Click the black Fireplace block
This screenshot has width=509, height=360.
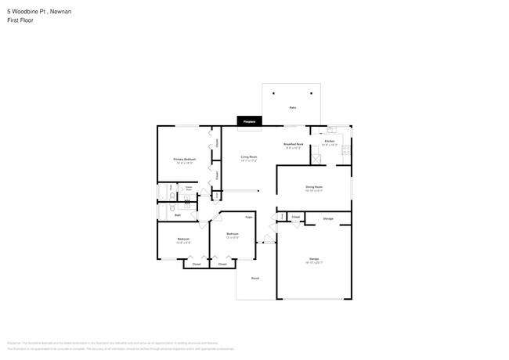coord(249,121)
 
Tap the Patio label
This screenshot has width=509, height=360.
coord(292,107)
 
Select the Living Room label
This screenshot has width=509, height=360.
coord(248,158)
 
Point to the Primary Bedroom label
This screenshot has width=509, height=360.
coord(184,160)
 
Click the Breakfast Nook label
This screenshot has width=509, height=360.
coord(293,145)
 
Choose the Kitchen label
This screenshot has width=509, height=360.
coord(330,142)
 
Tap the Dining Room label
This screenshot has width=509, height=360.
coord(314,187)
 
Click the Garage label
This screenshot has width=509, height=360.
coord(313,259)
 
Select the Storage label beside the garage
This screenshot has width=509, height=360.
coord(328,218)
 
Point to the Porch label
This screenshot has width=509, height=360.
coord(255,279)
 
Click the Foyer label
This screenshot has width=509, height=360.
coord(249,216)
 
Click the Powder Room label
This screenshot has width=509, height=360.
coord(189,189)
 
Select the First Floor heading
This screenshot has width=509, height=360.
coord(20,20)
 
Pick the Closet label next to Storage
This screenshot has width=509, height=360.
coord(295,217)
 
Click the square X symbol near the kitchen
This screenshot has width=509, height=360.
coord(316,160)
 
